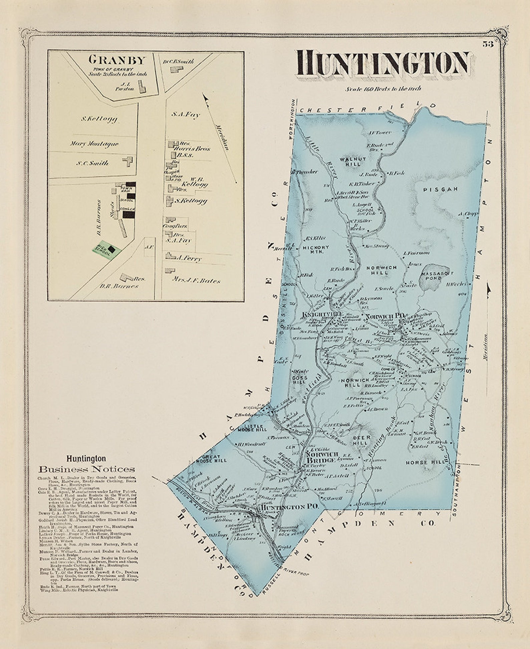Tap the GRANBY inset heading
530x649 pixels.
[117, 60]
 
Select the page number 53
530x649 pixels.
[488, 44]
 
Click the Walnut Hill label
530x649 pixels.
[353, 162]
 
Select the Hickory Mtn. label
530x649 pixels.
[316, 250]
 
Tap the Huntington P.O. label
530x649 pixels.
[289, 507]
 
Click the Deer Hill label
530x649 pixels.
[360, 440]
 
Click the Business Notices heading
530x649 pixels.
[87, 469]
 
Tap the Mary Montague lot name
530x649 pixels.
[94, 144]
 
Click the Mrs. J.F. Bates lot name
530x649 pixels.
[196, 280]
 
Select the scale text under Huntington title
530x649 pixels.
[383, 89]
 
